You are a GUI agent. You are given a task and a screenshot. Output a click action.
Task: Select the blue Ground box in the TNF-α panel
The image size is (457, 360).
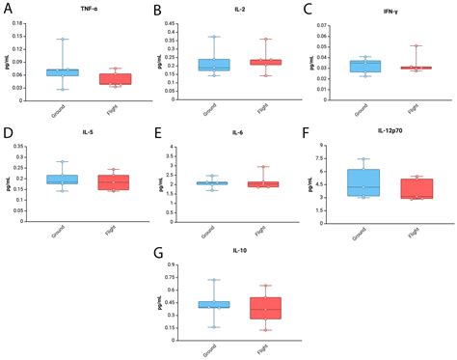pyautogui.click(x=63, y=72)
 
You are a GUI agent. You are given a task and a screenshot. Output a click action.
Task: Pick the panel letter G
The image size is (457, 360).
pyautogui.click(x=157, y=253)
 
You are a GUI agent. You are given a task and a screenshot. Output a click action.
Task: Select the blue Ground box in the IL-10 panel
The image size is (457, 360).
pyautogui.click(x=213, y=305)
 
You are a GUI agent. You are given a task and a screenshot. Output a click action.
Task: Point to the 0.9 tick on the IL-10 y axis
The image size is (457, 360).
pyautogui.click(x=175, y=264)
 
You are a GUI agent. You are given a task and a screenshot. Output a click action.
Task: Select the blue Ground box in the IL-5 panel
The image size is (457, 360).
pyautogui.click(x=63, y=180)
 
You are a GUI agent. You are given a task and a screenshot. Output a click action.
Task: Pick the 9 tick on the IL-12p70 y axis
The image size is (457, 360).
pyautogui.click(x=329, y=145)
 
